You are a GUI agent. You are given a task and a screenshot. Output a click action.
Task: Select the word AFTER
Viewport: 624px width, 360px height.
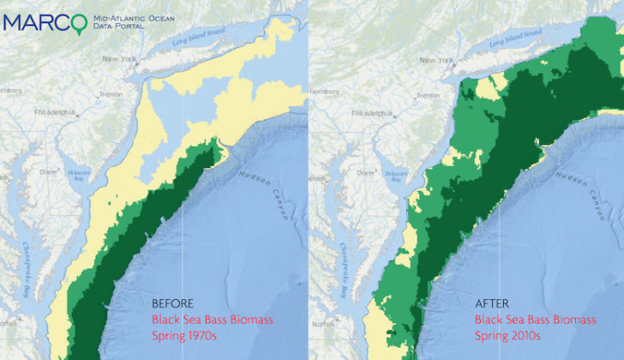492,303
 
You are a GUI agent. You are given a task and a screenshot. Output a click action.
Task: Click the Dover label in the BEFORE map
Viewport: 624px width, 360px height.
49,171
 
